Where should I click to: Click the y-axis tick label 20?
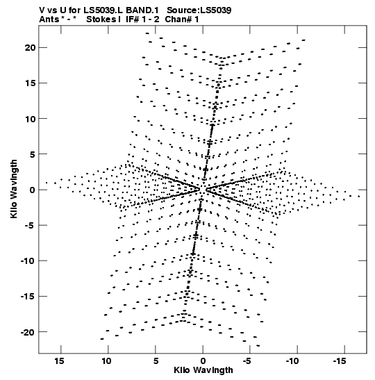click(30, 48)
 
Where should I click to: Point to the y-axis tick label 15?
click(31, 83)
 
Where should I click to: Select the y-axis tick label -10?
click(28, 261)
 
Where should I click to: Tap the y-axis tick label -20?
click(28, 332)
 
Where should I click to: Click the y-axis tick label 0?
click(33, 190)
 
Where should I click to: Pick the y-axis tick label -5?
click(31, 225)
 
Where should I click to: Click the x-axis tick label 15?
click(60, 361)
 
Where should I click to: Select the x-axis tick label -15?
click(339, 361)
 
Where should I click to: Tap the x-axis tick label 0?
click(203, 361)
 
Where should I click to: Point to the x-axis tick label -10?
click(292, 361)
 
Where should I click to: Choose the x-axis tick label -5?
click(247, 361)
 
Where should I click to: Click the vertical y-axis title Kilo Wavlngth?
click(14, 189)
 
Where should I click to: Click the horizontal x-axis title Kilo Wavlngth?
click(203, 370)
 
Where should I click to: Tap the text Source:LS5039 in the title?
click(199, 10)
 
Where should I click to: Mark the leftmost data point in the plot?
click(47, 183)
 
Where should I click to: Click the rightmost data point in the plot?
click(359, 197)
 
